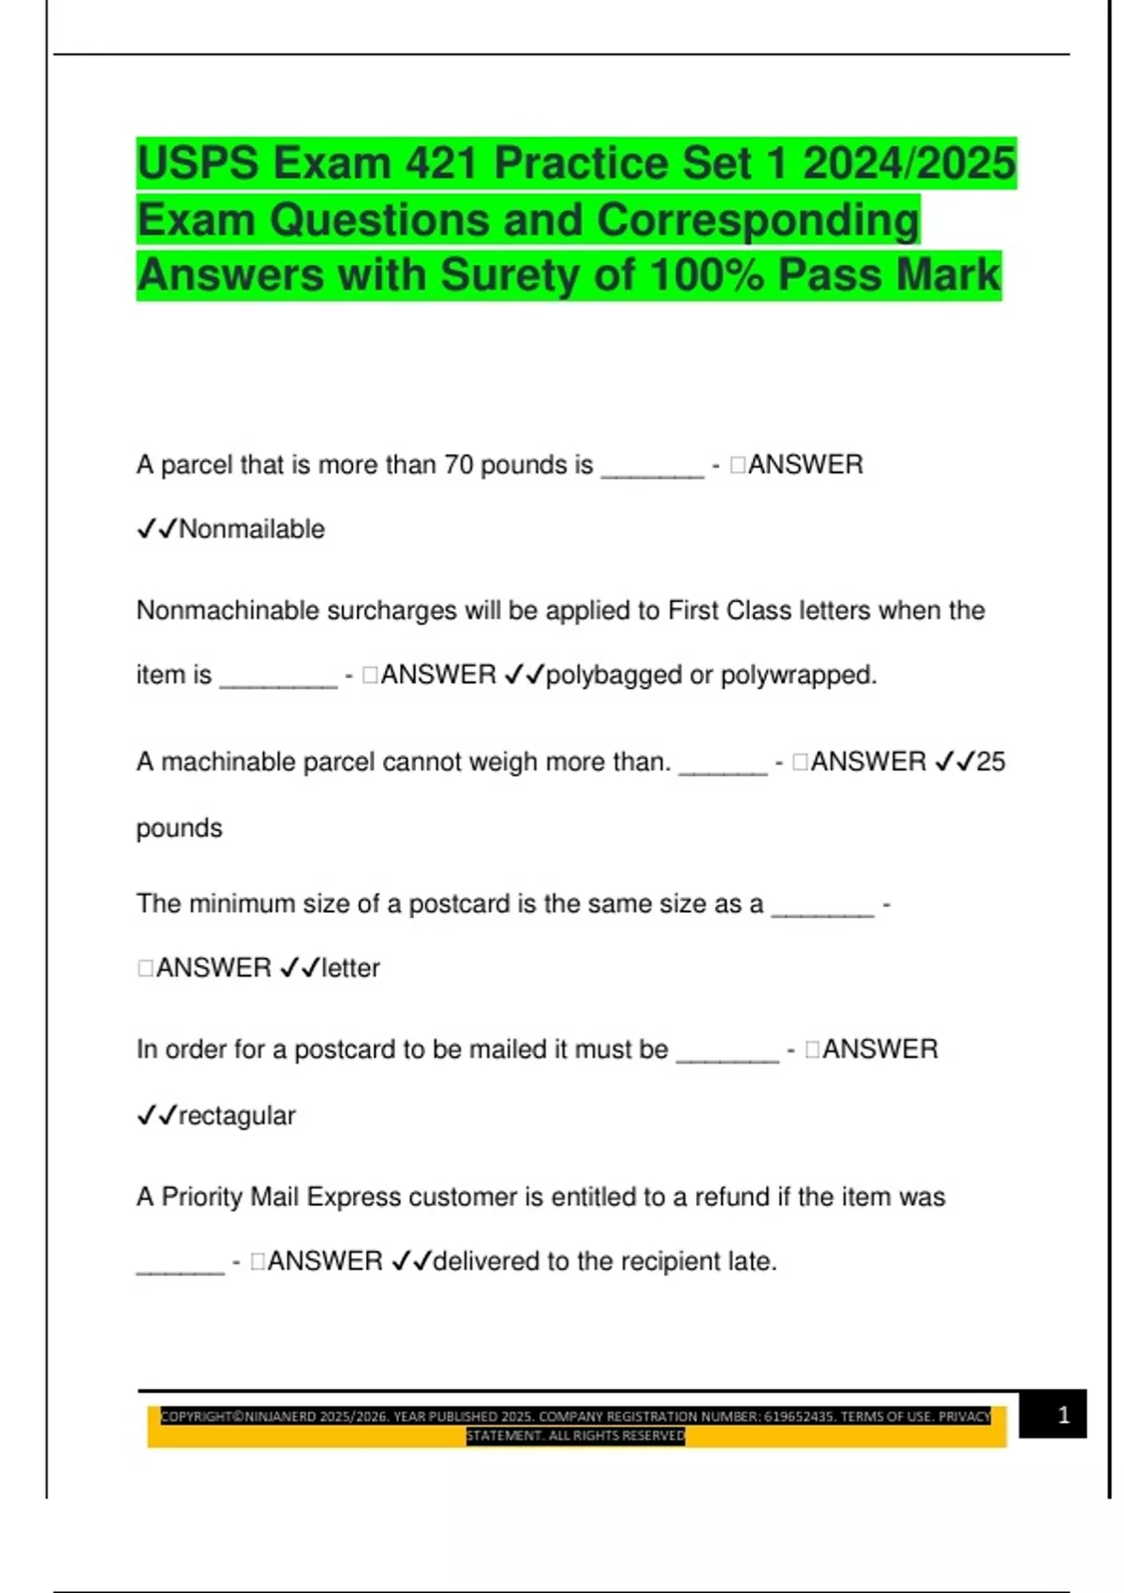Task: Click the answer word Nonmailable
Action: coord(251,529)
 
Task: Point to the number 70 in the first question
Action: coord(458,465)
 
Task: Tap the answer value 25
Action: coord(990,762)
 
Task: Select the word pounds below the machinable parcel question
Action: coord(179,828)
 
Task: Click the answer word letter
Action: coord(350,968)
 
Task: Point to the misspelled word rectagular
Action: coord(236,1116)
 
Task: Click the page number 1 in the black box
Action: coord(1063,1415)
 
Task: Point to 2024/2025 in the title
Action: coord(909,163)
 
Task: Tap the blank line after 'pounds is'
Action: coord(652,473)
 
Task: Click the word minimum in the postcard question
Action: coord(239,904)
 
